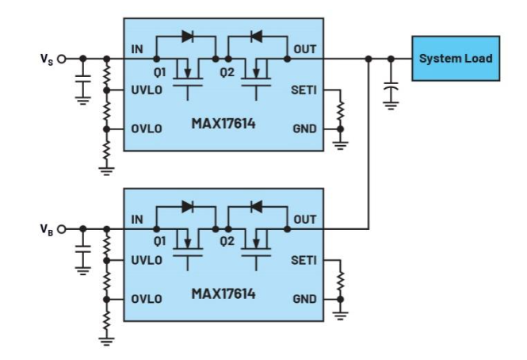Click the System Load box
pyautogui.click(x=456, y=58)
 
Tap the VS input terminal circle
pyautogui.click(x=62, y=59)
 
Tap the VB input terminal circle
pyautogui.click(x=62, y=229)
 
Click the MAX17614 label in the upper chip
pyautogui.click(x=223, y=124)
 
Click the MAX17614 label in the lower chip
pyautogui.click(x=223, y=293)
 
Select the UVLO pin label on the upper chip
pyautogui.click(x=147, y=90)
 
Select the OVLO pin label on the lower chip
pyautogui.click(x=147, y=299)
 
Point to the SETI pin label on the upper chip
pyautogui.click(x=304, y=90)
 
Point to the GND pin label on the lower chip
pyautogui.click(x=305, y=299)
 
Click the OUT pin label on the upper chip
pyautogui.click(x=305, y=49)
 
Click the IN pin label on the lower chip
pyautogui.click(x=137, y=220)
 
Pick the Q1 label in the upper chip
pyautogui.click(x=159, y=72)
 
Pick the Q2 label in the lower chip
pyautogui.click(x=227, y=242)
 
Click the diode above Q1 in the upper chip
pyautogui.click(x=188, y=36)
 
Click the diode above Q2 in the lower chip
pyautogui.click(x=257, y=207)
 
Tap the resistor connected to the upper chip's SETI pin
pyautogui.click(x=340, y=109)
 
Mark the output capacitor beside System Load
pyautogui.click(x=391, y=88)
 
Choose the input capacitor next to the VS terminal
pyautogui.click(x=83, y=79)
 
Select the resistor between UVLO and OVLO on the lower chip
pyautogui.click(x=106, y=280)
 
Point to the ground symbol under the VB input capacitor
pyautogui.click(x=83, y=270)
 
